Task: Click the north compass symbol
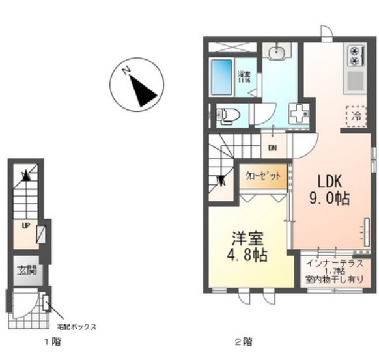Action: point(136,84)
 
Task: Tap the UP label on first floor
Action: point(25,225)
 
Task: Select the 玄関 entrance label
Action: point(26,269)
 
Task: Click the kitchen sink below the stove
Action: point(356,81)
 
